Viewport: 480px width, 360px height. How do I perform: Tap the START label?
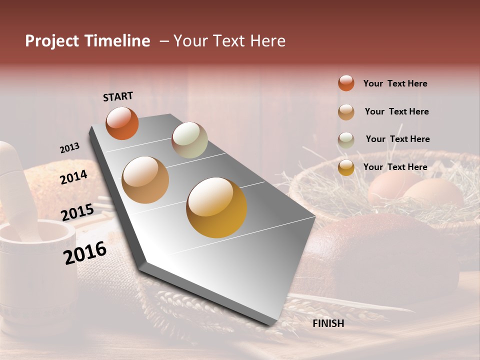point(118,96)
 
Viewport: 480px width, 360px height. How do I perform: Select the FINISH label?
point(328,323)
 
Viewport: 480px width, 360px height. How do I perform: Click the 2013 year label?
point(69,148)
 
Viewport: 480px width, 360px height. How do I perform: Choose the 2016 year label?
point(85,253)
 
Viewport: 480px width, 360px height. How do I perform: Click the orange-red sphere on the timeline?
point(122,123)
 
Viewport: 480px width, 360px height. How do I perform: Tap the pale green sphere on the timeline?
point(189,140)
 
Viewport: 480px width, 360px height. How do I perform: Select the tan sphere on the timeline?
point(145,180)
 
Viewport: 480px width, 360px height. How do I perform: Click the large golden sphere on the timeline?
point(216,207)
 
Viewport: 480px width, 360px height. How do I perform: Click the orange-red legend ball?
point(346,83)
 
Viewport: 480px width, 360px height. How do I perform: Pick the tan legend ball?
point(346,111)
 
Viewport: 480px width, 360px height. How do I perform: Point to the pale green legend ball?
point(346,139)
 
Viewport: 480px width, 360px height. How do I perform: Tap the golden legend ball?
point(346,167)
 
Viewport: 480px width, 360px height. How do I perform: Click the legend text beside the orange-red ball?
point(395,83)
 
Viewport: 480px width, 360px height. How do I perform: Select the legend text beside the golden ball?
point(395,167)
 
